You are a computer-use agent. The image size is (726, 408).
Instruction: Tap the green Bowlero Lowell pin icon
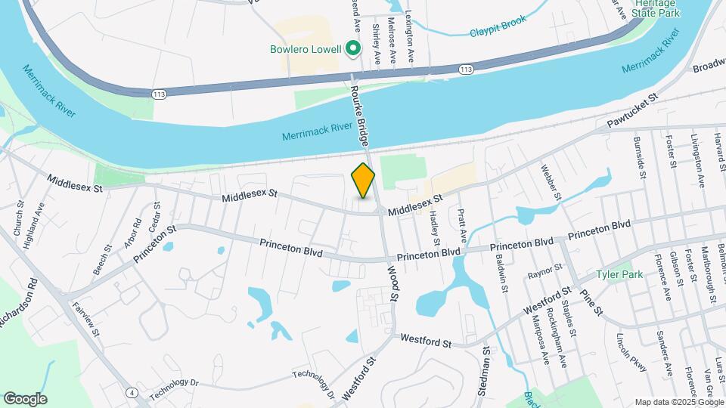point(352,50)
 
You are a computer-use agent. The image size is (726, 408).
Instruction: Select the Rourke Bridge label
point(362,113)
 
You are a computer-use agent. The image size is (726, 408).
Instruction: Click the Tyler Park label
point(619,274)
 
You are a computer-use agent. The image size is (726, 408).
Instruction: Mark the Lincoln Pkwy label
point(632,352)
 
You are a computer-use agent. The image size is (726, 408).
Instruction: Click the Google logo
point(25,398)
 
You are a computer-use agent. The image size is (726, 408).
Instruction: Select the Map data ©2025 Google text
point(678,402)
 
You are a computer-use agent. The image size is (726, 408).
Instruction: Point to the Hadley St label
point(435,229)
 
